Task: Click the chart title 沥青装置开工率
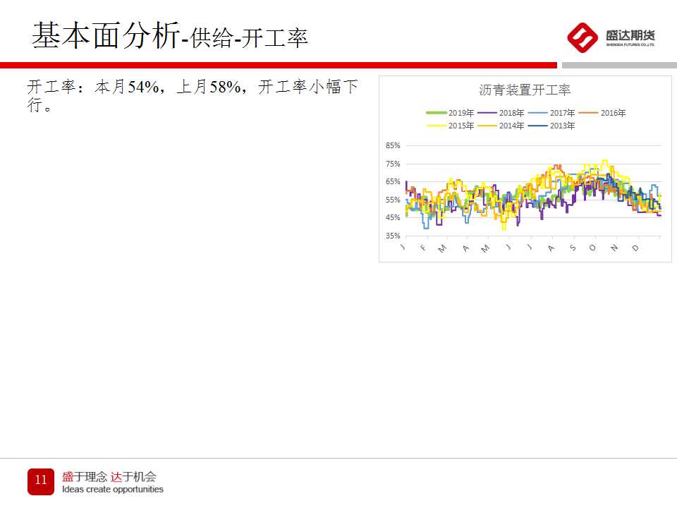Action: point(525,90)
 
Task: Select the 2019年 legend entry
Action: point(450,113)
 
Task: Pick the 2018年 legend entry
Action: point(501,113)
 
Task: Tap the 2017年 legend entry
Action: point(551,113)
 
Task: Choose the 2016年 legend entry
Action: point(602,113)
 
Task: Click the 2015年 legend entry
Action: point(450,126)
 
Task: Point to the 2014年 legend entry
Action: point(501,126)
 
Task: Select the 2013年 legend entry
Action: point(551,126)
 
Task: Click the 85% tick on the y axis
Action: point(393,145)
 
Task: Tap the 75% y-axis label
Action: point(393,164)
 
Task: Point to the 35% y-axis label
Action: point(393,236)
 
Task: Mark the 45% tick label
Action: point(393,218)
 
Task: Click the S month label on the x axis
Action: point(573,248)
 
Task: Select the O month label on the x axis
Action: point(592,248)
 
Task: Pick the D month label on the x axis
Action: point(635,248)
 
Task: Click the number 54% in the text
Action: point(143,87)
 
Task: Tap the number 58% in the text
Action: point(226,87)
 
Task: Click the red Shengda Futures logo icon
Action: point(583,37)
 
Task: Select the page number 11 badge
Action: point(41,481)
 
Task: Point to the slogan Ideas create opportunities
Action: point(113,490)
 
